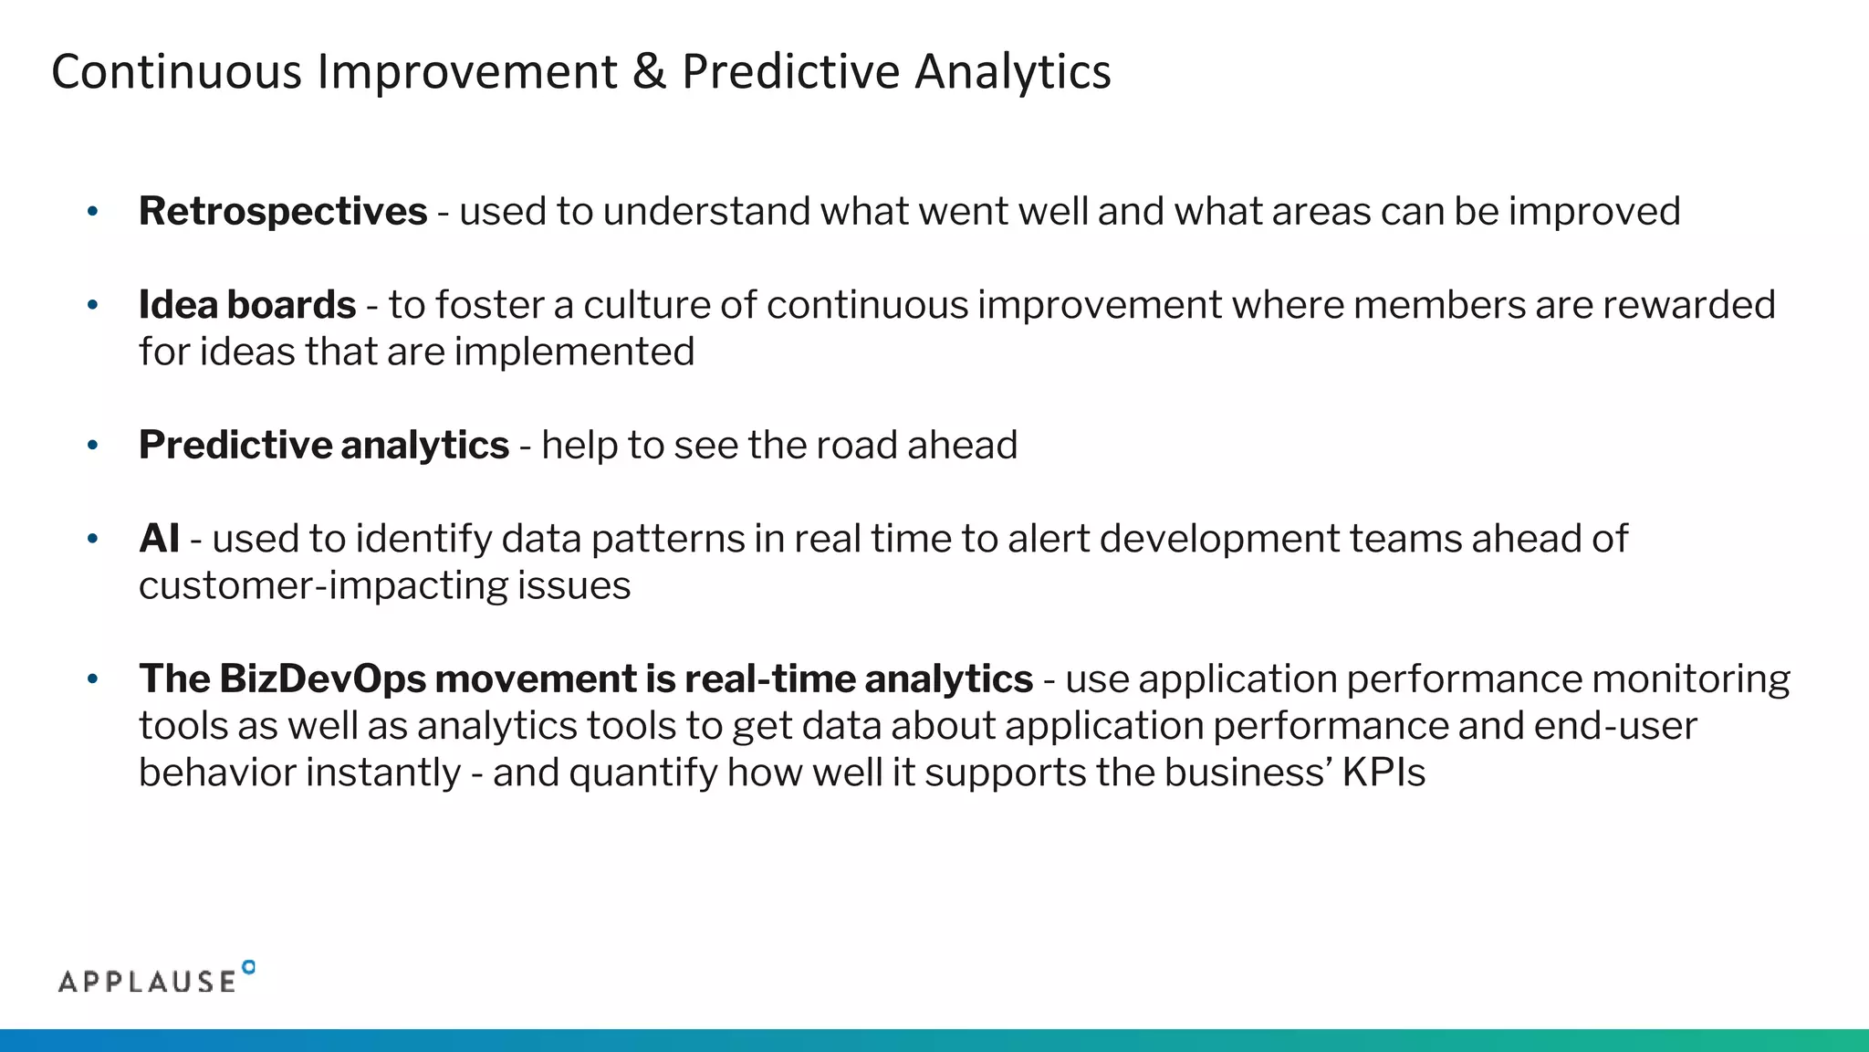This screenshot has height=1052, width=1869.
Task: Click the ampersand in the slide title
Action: (649, 72)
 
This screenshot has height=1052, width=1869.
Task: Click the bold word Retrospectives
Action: (283, 212)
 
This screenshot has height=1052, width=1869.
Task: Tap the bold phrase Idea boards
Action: (247, 305)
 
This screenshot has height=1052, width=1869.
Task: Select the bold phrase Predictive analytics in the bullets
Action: (324, 446)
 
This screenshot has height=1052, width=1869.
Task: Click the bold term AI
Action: (159, 539)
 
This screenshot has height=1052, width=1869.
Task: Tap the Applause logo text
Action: (147, 982)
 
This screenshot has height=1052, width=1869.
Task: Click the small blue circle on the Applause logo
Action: (249, 967)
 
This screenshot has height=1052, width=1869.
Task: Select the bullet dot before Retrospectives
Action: (92, 213)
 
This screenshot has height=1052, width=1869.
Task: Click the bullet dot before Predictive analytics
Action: (92, 446)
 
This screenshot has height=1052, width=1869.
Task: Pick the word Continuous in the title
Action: (176, 72)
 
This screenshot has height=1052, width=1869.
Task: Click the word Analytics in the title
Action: (1013, 72)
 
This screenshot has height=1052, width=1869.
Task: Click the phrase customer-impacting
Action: (323, 585)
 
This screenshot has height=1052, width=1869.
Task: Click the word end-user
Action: (1615, 726)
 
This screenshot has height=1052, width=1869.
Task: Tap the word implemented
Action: (575, 352)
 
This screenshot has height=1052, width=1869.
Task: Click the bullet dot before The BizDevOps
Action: (92, 679)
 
